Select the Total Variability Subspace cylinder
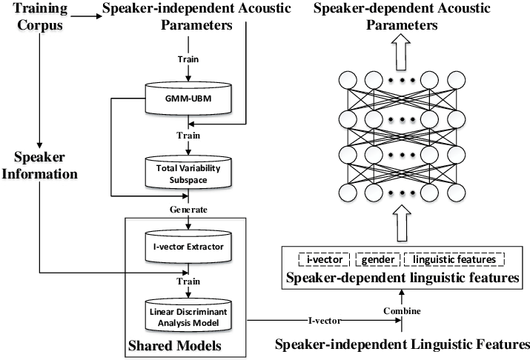click(188, 173)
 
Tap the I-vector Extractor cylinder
click(188, 245)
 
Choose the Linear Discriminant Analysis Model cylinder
click(188, 318)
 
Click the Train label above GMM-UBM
click(188, 59)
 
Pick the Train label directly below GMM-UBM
click(188, 136)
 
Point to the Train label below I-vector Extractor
click(188, 281)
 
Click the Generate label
click(188, 210)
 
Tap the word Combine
click(402, 312)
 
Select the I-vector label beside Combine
click(325, 321)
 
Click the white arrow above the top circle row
click(401, 49)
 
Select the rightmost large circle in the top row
click(456, 80)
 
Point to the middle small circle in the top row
click(401, 80)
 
